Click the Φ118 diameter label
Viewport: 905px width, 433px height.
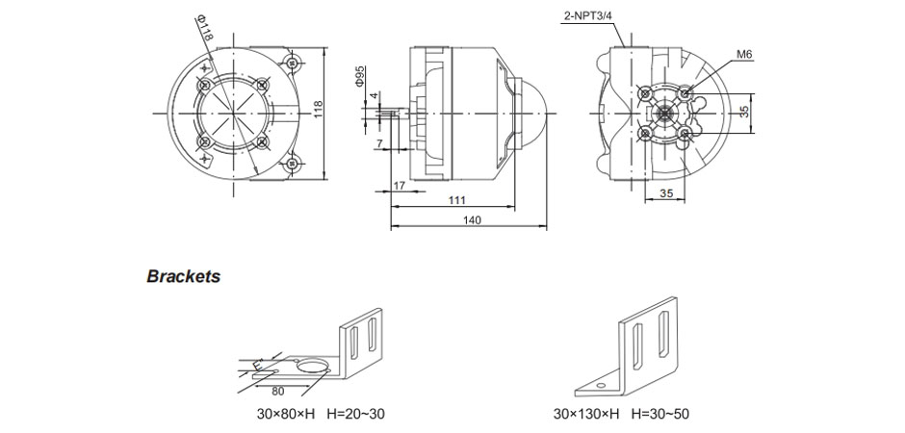point(203,28)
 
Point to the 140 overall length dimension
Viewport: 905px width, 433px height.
point(472,220)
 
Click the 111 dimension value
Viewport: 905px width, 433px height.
point(456,200)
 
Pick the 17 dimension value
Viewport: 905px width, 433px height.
point(399,184)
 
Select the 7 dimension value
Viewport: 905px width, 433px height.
point(379,144)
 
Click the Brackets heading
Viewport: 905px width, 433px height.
point(183,277)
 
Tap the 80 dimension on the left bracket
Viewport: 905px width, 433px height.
point(277,392)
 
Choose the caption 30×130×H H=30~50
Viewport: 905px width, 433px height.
point(620,415)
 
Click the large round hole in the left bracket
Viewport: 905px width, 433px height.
point(310,367)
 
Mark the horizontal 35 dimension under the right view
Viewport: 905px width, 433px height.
point(666,194)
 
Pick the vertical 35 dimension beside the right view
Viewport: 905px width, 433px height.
point(742,112)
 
